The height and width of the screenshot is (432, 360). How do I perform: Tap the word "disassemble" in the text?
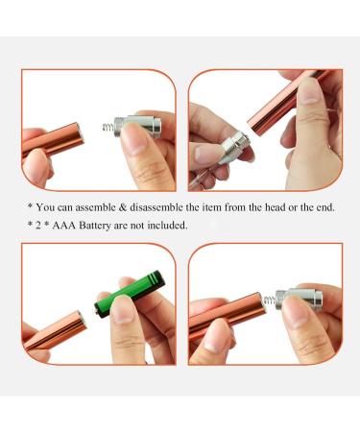[147, 206]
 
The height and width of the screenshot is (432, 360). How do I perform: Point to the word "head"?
[270, 206]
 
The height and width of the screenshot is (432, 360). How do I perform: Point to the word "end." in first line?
[324, 206]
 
